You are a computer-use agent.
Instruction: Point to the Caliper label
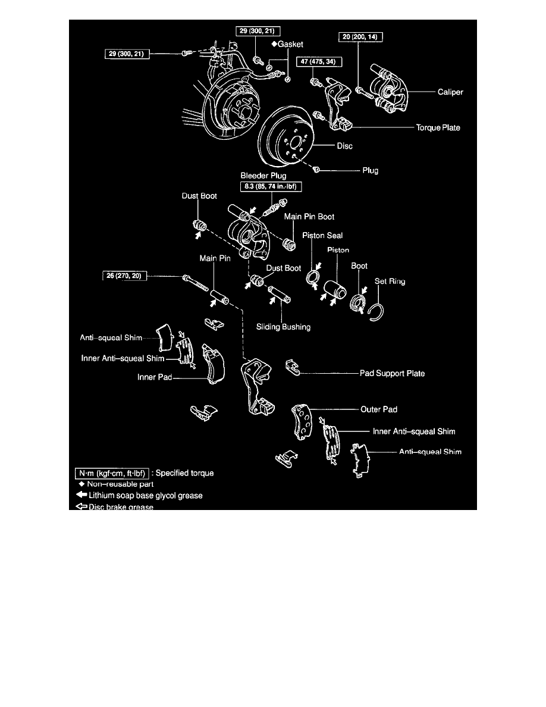(x=450, y=92)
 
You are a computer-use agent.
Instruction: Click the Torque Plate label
(x=437, y=127)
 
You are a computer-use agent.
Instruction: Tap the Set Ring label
(x=390, y=281)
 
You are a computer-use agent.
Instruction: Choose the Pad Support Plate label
(x=392, y=374)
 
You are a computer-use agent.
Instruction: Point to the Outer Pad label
(x=379, y=409)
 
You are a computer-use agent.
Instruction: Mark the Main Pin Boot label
(x=309, y=217)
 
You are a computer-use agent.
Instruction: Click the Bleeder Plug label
(x=262, y=176)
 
